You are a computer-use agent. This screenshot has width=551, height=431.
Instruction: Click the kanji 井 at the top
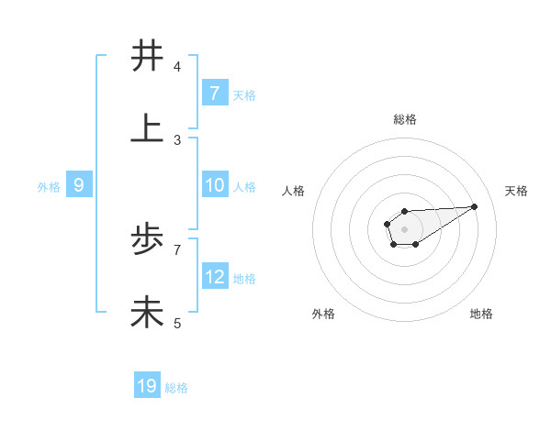pyautogui.click(x=147, y=57)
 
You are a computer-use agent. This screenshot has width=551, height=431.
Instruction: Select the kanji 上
pyautogui.click(x=147, y=129)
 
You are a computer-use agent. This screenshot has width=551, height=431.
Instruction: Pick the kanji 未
pyautogui.click(x=147, y=313)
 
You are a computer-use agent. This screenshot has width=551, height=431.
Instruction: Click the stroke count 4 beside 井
pyautogui.click(x=177, y=67)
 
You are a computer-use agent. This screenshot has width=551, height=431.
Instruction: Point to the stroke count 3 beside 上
pyautogui.click(x=177, y=139)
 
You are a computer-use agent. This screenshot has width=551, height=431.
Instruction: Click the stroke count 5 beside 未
pyautogui.click(x=177, y=323)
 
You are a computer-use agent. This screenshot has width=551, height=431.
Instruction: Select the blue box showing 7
pyautogui.click(x=215, y=93)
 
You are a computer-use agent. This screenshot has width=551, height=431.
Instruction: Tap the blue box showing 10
pyautogui.click(x=215, y=185)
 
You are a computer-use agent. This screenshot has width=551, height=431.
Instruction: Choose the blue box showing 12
pyautogui.click(x=215, y=277)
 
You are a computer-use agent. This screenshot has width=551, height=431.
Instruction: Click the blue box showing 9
pyautogui.click(x=79, y=185)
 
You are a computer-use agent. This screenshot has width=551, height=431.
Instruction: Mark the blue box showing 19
pyautogui.click(x=147, y=386)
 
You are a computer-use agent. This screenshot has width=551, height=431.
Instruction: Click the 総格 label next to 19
pyautogui.click(x=176, y=388)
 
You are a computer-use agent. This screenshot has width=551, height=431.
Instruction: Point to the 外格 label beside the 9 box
pyautogui.click(x=49, y=187)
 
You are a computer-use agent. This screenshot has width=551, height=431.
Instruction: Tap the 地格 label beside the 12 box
pyautogui.click(x=244, y=279)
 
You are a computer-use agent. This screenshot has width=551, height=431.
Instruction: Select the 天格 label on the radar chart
pyautogui.click(x=516, y=191)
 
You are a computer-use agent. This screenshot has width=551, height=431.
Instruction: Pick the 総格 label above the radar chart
pyautogui.click(x=404, y=119)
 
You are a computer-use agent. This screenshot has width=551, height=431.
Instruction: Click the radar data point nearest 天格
pyautogui.click(x=474, y=206)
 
